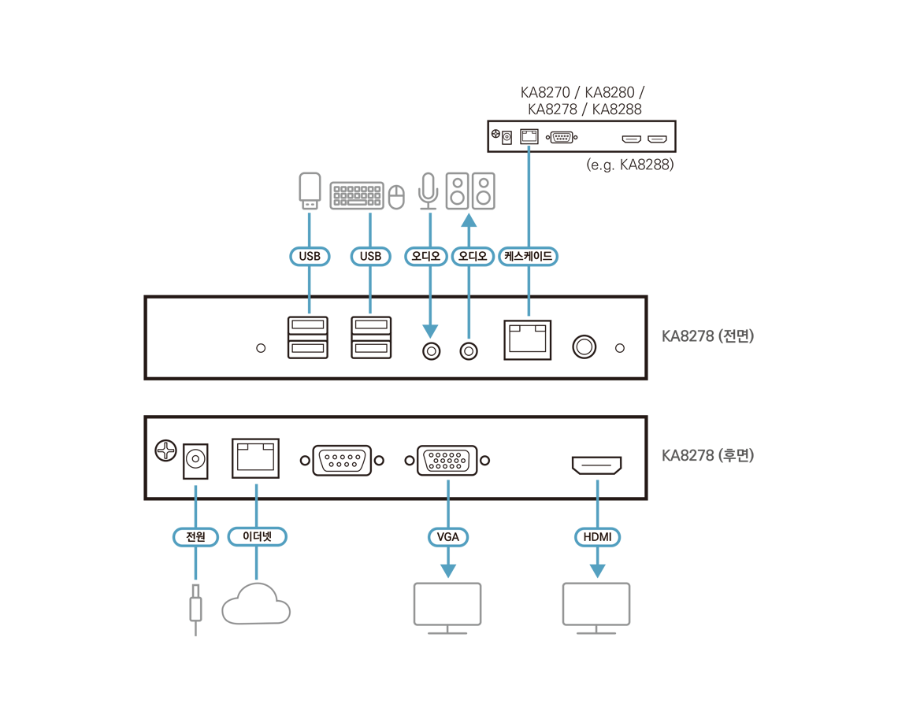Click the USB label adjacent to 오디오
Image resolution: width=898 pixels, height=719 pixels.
click(370, 256)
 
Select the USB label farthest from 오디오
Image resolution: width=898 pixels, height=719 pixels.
click(310, 256)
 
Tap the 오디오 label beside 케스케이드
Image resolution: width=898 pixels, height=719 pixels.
click(473, 256)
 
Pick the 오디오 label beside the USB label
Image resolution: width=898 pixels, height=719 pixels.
click(426, 256)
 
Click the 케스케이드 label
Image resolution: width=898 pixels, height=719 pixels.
click(528, 256)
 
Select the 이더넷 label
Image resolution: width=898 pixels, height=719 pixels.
click(257, 538)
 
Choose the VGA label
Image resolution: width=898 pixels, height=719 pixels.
click(448, 538)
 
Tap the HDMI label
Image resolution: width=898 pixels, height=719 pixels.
click(597, 538)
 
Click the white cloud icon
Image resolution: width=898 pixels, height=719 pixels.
click(256, 605)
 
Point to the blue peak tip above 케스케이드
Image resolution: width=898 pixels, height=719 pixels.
click(529, 147)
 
